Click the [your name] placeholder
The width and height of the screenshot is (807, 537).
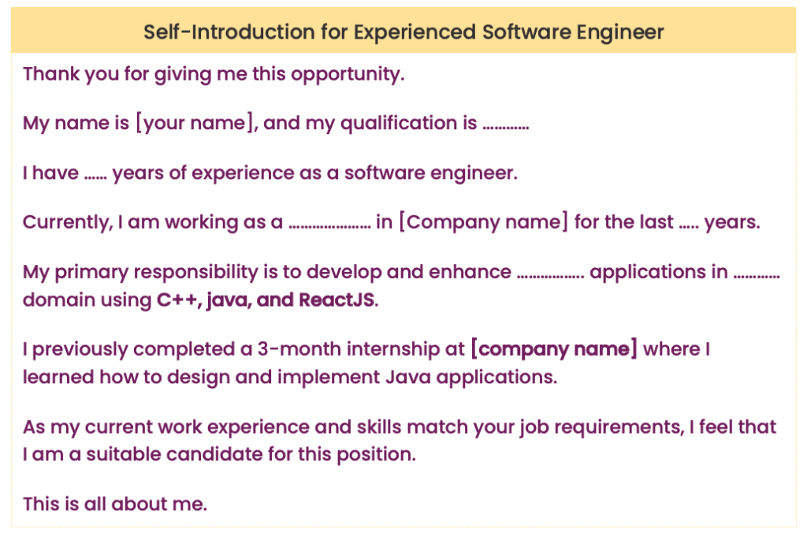tap(195, 124)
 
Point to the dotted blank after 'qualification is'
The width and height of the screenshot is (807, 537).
tap(505, 126)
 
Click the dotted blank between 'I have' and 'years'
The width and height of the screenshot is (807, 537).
tap(95, 175)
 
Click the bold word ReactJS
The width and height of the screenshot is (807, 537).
tap(337, 300)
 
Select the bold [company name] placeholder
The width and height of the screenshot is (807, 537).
tap(554, 349)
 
